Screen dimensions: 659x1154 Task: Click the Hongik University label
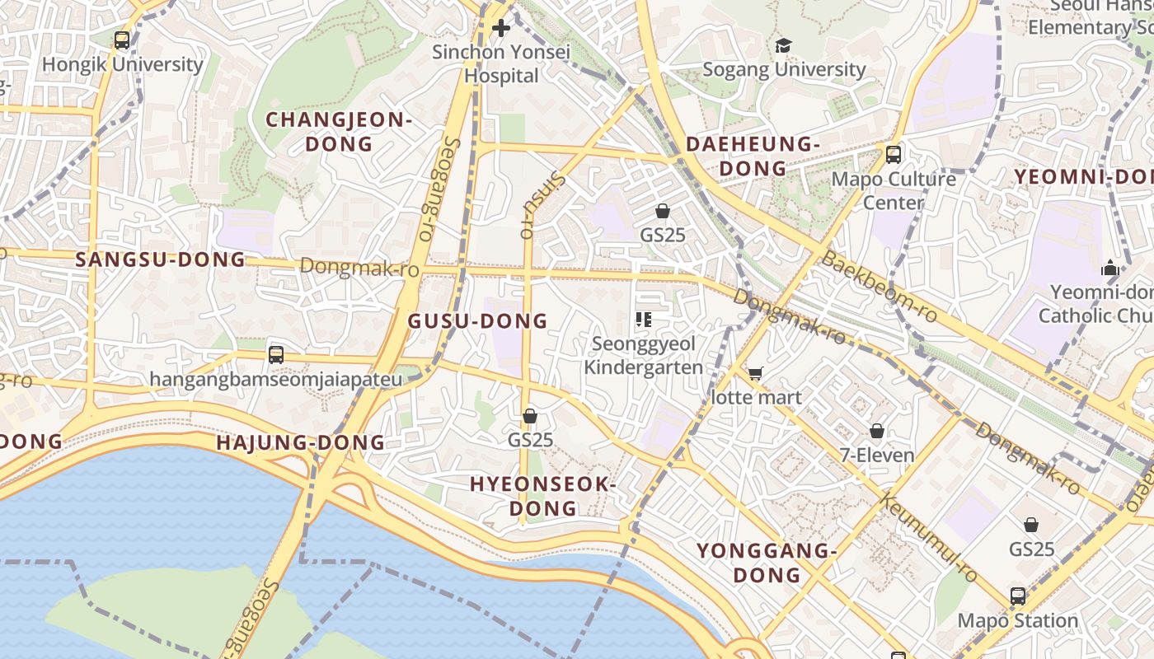pos(122,64)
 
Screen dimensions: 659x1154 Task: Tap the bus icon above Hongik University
pos(122,40)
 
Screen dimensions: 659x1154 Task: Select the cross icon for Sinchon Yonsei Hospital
pos(500,29)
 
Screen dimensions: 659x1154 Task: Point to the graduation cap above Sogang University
pos(783,45)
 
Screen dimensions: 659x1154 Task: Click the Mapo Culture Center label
pos(894,190)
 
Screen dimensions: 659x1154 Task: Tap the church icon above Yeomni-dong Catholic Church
pos(1110,269)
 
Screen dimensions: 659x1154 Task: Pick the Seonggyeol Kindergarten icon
pos(644,320)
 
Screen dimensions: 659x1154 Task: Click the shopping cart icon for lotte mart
pos(756,374)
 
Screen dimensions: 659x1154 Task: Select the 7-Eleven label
pos(877,455)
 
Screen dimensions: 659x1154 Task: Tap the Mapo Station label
pos(1018,620)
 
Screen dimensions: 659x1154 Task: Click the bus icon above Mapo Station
pos(1018,596)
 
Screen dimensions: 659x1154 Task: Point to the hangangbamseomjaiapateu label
pos(276,380)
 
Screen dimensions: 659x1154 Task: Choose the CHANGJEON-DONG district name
pos(338,132)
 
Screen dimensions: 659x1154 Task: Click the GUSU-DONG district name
pos(478,320)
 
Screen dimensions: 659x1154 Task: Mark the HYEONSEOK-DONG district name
pos(542,496)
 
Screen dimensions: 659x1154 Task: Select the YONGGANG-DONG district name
pos(767,562)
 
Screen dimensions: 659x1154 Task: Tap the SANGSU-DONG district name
pos(161,259)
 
